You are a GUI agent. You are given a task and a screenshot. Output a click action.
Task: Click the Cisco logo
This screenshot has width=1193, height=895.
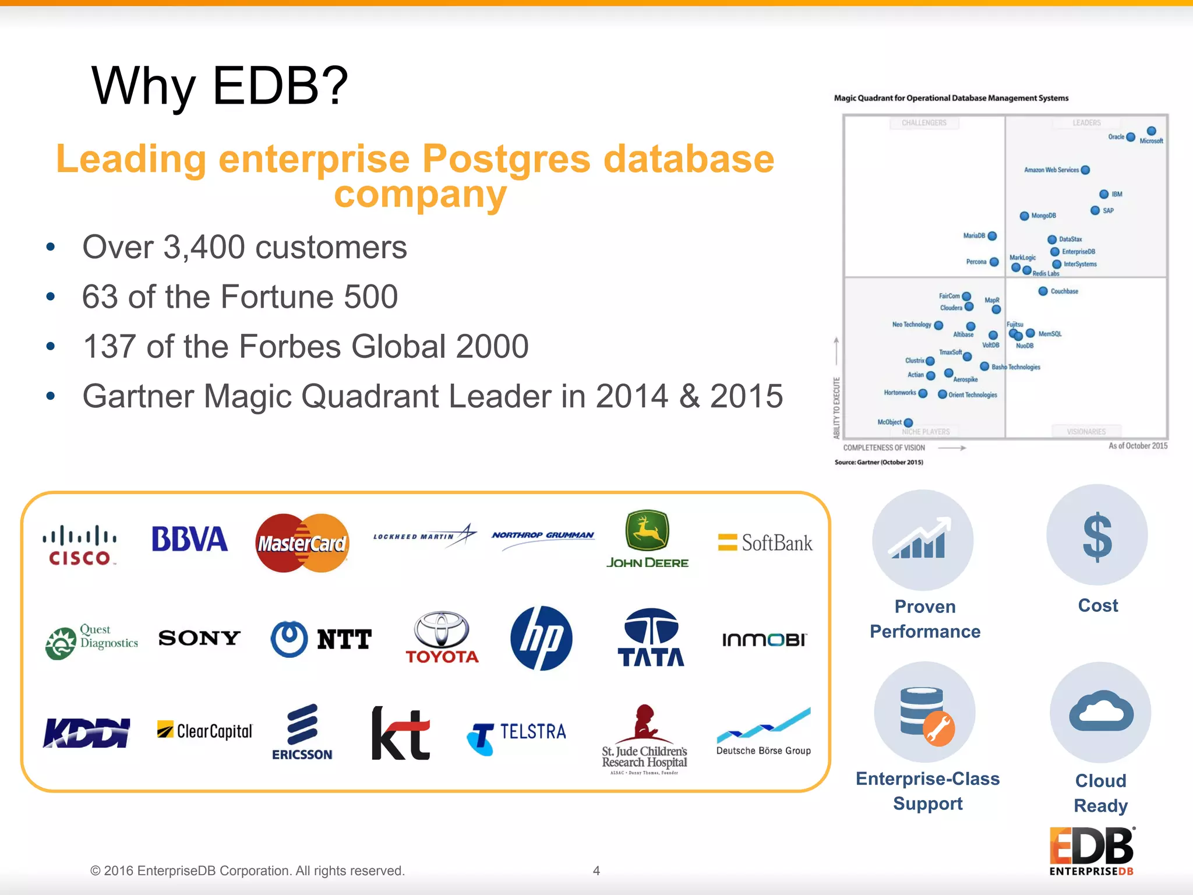(x=79, y=545)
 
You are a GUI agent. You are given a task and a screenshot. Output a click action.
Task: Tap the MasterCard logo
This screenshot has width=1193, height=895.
(x=302, y=543)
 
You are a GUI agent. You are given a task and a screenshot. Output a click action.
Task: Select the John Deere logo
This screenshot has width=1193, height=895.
(x=647, y=539)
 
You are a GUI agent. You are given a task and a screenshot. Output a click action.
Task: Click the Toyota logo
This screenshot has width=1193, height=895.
(x=442, y=638)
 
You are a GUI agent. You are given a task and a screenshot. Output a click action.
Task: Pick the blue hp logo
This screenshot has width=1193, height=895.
(x=541, y=638)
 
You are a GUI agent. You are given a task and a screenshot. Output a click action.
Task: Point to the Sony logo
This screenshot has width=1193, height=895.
(x=199, y=638)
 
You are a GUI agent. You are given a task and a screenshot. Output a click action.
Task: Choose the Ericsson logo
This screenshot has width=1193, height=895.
(x=302, y=732)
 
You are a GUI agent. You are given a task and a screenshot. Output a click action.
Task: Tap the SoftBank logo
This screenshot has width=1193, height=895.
(x=765, y=543)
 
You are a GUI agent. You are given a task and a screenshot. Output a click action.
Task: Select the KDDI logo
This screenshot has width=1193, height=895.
(x=87, y=732)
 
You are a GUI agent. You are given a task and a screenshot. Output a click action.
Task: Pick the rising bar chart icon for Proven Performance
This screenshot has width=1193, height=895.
(x=922, y=540)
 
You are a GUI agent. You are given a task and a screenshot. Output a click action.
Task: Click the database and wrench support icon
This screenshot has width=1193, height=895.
(x=924, y=713)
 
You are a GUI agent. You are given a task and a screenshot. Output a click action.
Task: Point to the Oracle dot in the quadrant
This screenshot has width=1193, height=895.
(x=1131, y=137)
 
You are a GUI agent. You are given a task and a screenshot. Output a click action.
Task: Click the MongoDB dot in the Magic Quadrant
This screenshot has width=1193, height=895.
(x=1024, y=216)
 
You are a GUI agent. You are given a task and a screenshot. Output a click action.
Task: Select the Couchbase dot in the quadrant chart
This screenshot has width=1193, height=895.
(x=1043, y=291)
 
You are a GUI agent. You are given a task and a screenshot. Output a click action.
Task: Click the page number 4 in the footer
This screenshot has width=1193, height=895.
(x=596, y=871)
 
